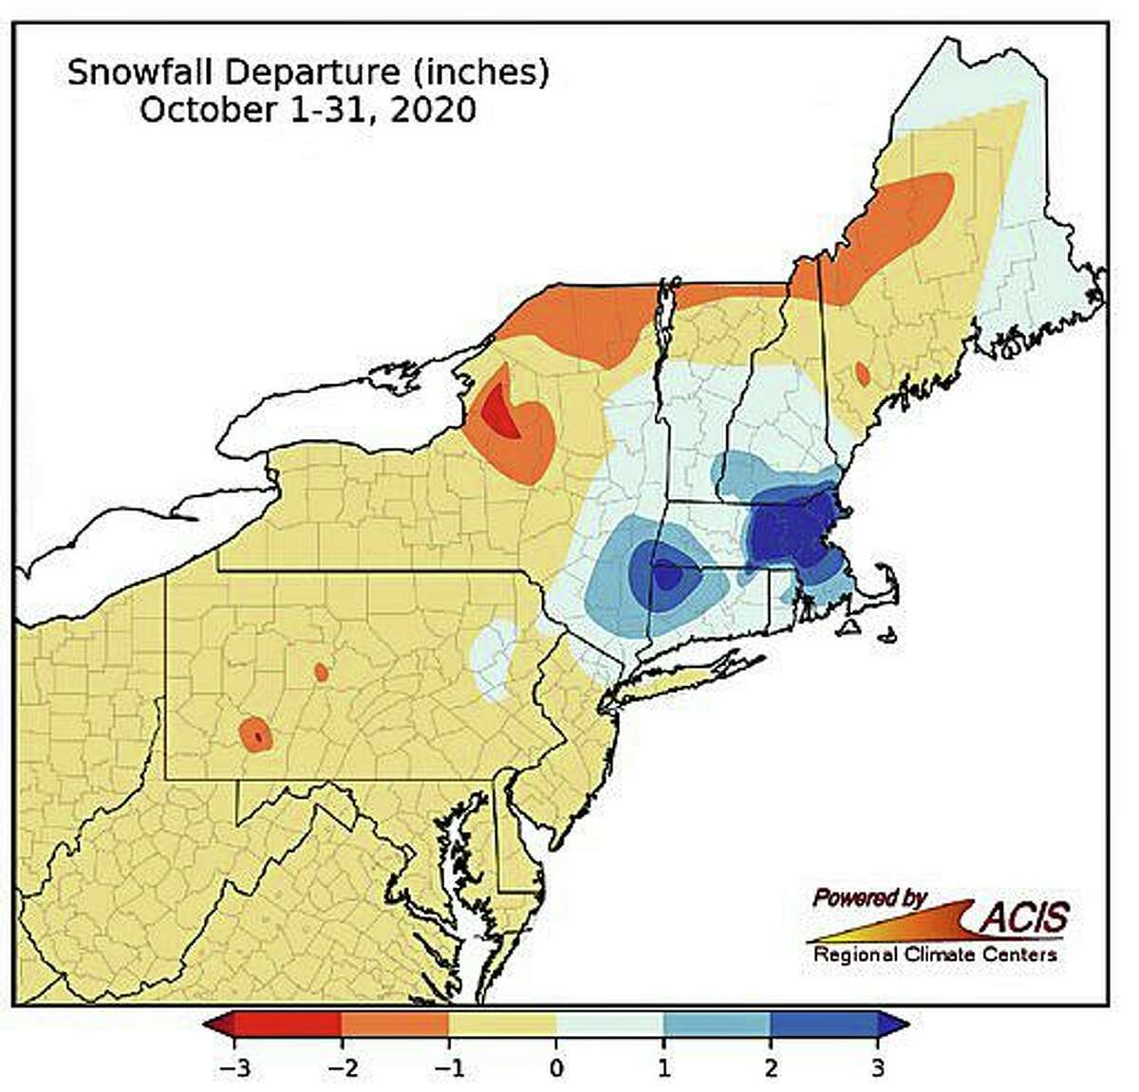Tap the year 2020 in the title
click(x=432, y=109)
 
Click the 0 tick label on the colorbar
click(x=556, y=1068)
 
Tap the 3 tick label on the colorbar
click(x=878, y=1068)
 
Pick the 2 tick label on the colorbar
click(x=771, y=1068)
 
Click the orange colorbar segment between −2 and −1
click(x=394, y=1025)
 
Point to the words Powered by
click(x=868, y=897)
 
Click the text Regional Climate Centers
click(x=935, y=954)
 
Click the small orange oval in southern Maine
click(x=862, y=373)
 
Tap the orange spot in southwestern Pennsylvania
click(x=255, y=734)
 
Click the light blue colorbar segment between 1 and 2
click(x=717, y=1025)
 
